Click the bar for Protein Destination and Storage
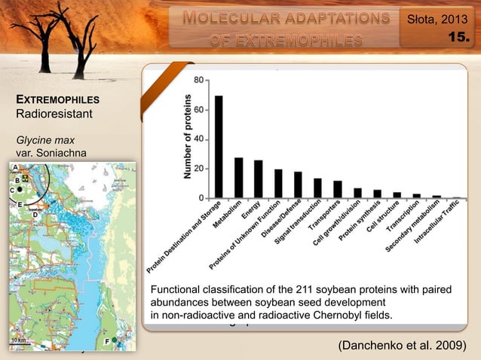pos(219,147)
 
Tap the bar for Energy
pos(258,179)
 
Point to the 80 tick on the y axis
pos(197,79)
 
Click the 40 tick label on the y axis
pos(197,139)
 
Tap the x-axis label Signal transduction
pos(302,222)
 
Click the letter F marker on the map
pos(106,342)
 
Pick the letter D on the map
pos(35,214)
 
